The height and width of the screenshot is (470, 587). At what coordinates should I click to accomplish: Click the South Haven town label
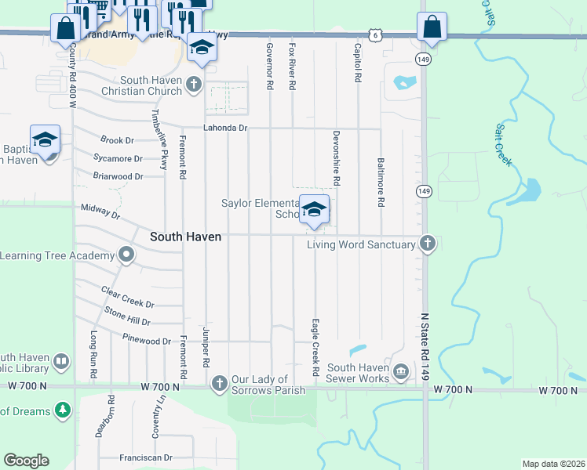pyautogui.click(x=186, y=237)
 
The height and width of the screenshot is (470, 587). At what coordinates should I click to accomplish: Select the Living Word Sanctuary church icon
pyautogui.click(x=428, y=244)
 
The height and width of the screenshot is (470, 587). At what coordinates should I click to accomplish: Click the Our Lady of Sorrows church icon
pyautogui.click(x=219, y=382)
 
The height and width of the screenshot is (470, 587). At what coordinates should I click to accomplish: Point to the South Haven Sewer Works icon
pyautogui.click(x=401, y=371)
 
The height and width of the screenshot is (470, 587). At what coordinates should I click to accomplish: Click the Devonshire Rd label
pyautogui.click(x=336, y=157)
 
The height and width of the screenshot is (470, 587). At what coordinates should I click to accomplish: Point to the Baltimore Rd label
pyautogui.click(x=381, y=182)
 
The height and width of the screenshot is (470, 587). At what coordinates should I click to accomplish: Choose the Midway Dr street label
pyautogui.click(x=100, y=211)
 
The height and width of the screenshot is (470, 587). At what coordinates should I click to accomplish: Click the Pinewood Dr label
pyautogui.click(x=147, y=341)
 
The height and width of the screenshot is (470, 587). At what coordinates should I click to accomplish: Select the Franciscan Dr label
pyautogui.click(x=146, y=457)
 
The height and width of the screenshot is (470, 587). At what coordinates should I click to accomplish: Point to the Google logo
pyautogui.click(x=26, y=461)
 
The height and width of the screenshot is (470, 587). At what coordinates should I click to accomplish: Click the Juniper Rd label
pyautogui.click(x=206, y=348)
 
